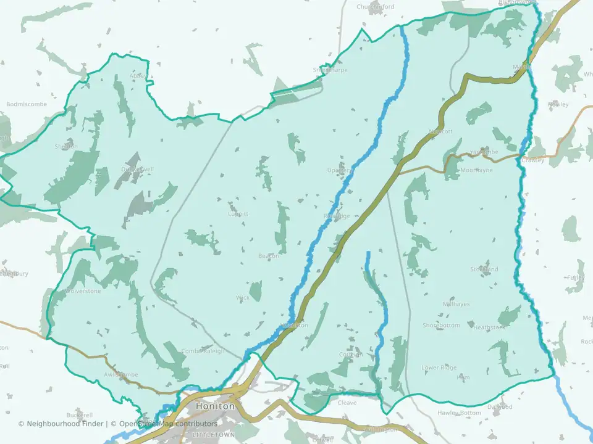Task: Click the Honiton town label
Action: (215, 407)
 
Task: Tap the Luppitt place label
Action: (238, 214)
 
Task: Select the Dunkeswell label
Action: (137, 169)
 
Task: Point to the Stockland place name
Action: (484, 269)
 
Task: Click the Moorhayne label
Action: (476, 170)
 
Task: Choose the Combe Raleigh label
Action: (203, 351)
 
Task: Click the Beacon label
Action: (269, 256)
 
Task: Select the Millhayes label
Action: (456, 305)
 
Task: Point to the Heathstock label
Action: (489, 327)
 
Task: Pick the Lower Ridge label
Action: (439, 368)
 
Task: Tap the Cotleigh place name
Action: (350, 355)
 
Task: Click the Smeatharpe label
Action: (330, 70)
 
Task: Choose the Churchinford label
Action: (375, 7)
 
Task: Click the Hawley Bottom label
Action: (459, 413)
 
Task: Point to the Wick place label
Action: (242, 298)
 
